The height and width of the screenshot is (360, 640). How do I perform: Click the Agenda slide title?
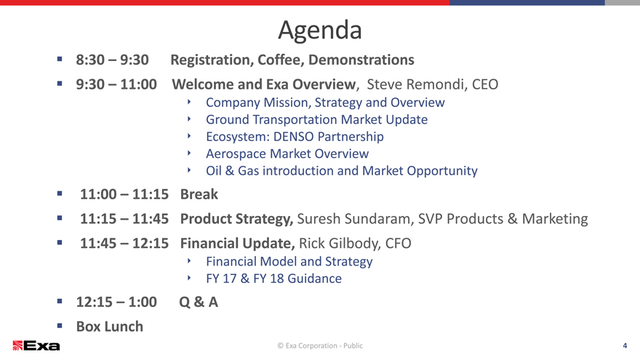pos(320,31)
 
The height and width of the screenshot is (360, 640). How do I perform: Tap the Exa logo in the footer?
pos(36,345)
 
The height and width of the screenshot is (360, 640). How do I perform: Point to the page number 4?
pos(625,345)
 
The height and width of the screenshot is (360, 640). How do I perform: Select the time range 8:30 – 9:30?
pos(112,60)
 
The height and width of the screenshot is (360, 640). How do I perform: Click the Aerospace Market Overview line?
pos(287,154)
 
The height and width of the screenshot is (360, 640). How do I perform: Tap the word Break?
pos(199,194)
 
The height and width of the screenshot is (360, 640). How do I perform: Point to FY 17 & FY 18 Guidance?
pos(274,279)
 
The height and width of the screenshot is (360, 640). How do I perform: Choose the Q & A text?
pos(199,303)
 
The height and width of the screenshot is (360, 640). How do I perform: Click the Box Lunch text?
pos(110,327)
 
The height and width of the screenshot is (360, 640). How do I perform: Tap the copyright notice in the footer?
pos(320,345)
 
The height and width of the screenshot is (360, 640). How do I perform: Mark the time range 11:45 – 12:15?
pos(124,244)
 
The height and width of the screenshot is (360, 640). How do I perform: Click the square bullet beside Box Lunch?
pos(60,326)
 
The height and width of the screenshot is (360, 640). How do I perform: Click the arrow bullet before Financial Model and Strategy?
pos(189,260)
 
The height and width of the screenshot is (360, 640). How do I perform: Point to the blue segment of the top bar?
pos(527,2)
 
